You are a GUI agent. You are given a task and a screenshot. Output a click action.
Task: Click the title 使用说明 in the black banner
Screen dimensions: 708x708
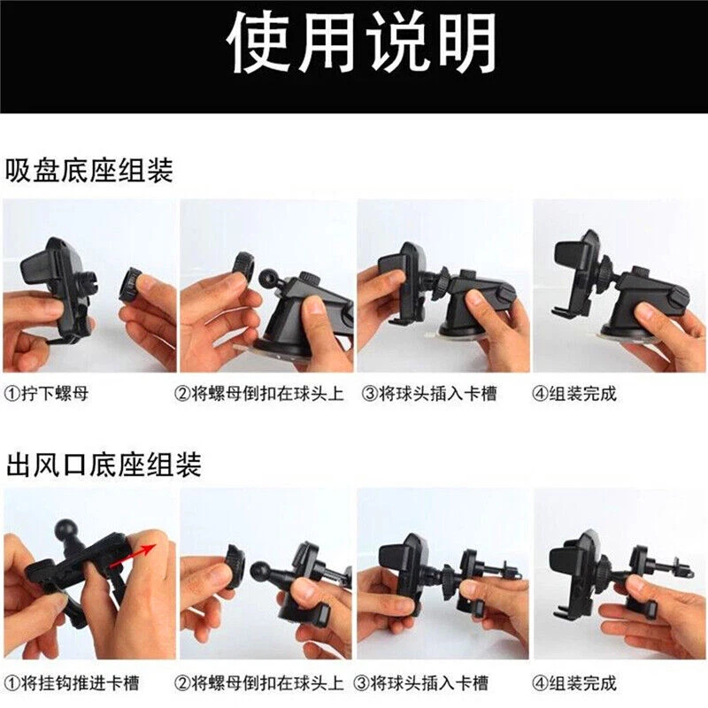point(362,43)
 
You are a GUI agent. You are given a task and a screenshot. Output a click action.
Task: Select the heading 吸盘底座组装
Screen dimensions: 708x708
point(89,170)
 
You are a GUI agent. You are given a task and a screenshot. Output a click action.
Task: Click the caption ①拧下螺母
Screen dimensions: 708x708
point(46,394)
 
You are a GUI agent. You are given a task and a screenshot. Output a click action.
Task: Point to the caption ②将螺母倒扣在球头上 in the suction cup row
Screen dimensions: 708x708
point(259,394)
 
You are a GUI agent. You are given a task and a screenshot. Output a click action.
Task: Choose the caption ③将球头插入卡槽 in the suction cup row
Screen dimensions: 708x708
point(429,394)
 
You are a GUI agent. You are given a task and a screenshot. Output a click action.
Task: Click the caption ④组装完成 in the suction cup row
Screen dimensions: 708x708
point(573,394)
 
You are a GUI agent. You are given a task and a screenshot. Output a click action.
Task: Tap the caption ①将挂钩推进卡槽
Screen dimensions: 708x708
point(72,683)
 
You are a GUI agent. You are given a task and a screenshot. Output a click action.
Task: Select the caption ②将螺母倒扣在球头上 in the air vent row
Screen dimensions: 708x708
point(259,683)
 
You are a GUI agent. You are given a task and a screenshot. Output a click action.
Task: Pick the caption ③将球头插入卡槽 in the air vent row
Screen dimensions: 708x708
point(421,683)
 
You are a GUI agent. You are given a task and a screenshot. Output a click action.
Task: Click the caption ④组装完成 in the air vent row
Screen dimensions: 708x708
point(573,683)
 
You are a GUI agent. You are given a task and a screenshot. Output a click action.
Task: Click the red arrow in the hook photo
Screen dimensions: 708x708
point(134,557)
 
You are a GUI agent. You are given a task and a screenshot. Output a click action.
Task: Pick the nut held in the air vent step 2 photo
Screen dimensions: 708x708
point(235,566)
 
